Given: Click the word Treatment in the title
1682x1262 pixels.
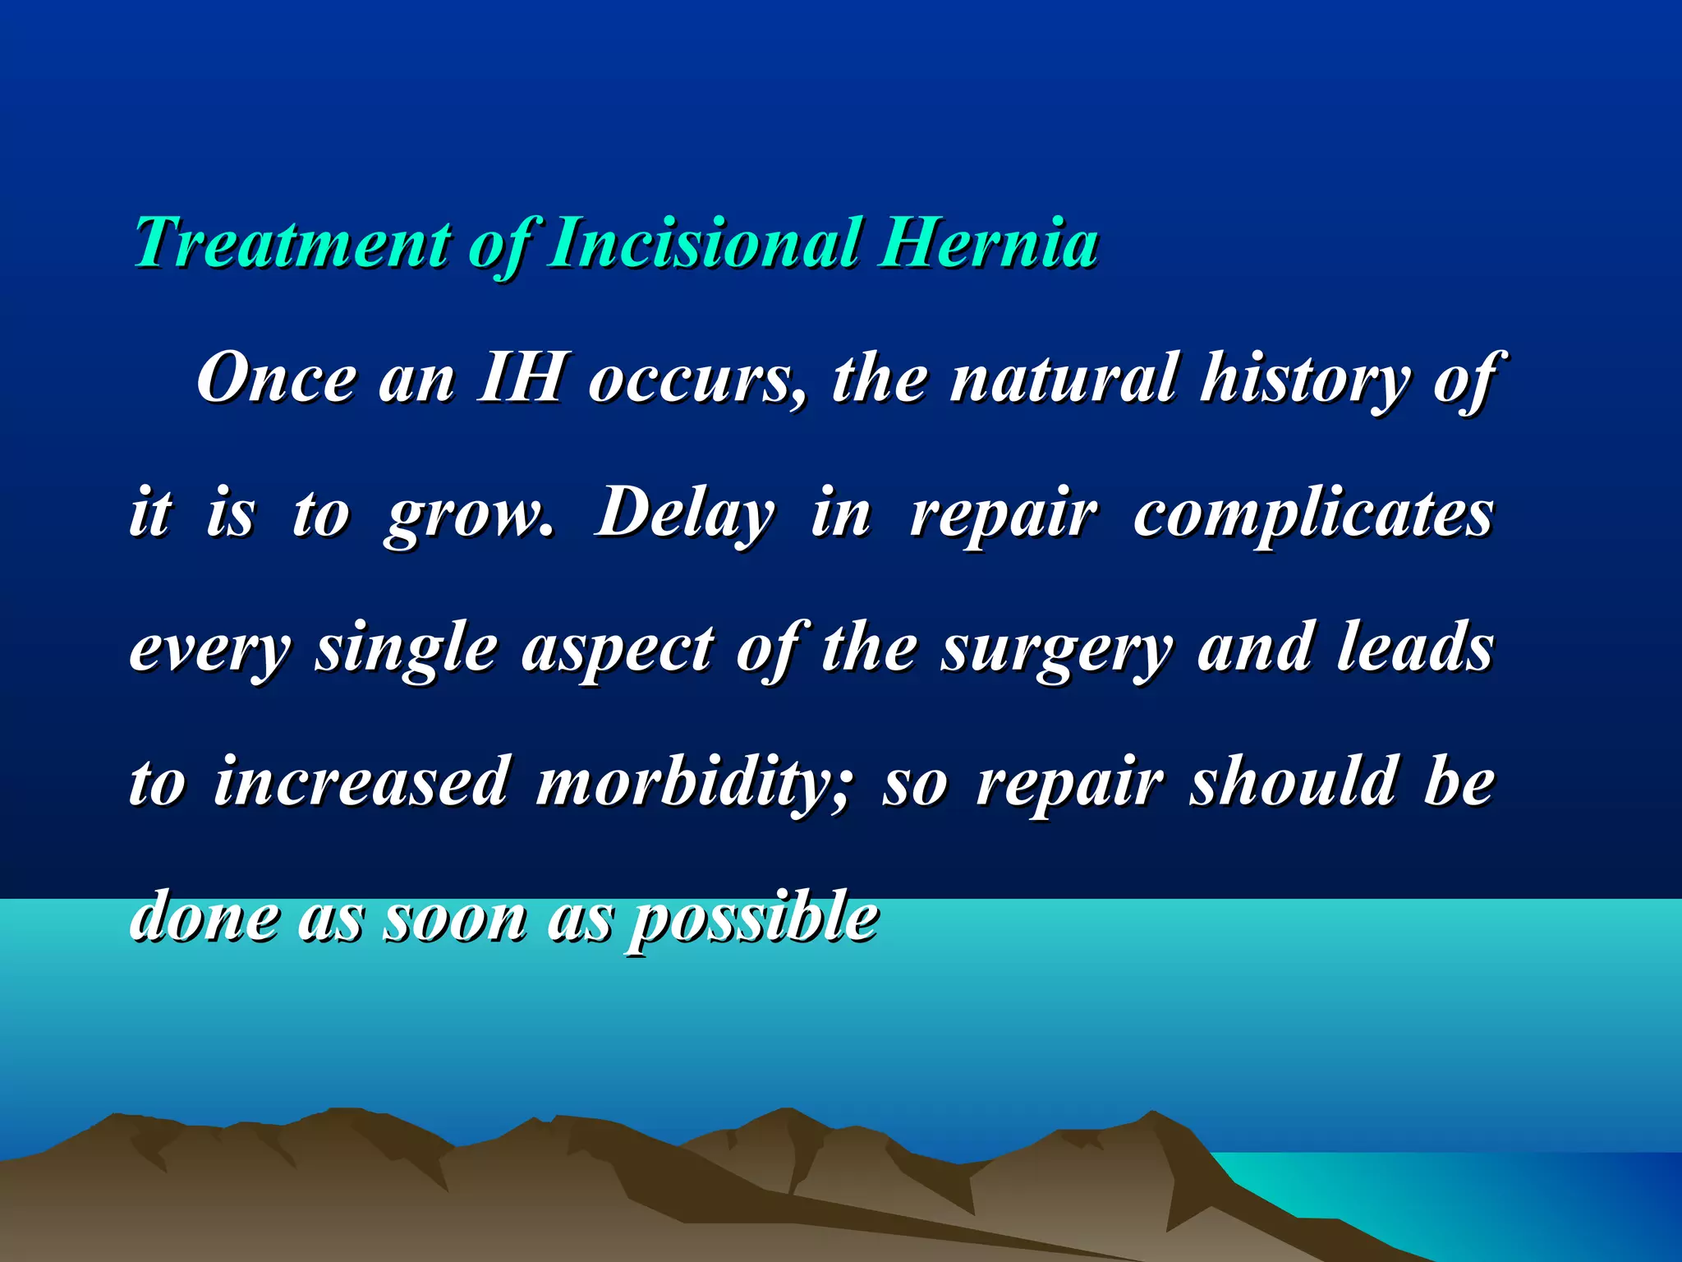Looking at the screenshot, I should coord(292,243).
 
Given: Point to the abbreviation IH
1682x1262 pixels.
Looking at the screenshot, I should coord(521,379).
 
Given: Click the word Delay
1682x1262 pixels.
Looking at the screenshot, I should coord(685,514).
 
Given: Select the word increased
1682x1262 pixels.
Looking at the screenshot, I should coord(361,782).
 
